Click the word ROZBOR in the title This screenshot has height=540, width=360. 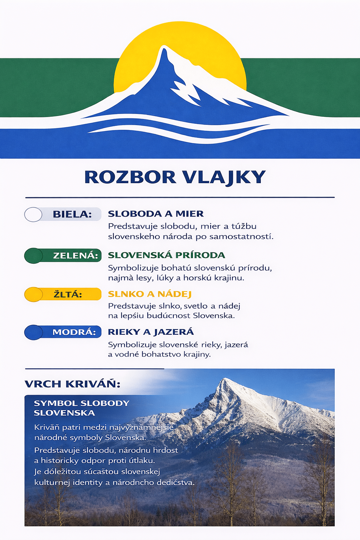[x=130, y=177]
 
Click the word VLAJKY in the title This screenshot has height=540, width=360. [x=224, y=177]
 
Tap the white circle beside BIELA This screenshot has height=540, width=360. [x=33, y=214]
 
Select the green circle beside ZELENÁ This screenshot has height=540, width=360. [x=33, y=256]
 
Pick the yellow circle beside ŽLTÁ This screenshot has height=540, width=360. [x=33, y=294]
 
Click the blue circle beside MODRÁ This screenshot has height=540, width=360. [x=33, y=332]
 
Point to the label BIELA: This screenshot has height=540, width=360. [x=72, y=214]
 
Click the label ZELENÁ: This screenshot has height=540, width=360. [x=75, y=256]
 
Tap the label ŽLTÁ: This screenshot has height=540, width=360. [x=68, y=294]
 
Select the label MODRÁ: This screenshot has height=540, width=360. [x=74, y=332]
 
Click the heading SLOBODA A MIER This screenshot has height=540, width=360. [x=156, y=214]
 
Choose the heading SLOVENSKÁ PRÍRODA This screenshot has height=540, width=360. [x=166, y=255]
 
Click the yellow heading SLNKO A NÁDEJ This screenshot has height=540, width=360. [x=149, y=294]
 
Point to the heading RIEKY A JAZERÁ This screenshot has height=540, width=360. [x=151, y=332]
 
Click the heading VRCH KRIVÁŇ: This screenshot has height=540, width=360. [x=72, y=384]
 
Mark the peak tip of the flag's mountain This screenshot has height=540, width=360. [x=163, y=47]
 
